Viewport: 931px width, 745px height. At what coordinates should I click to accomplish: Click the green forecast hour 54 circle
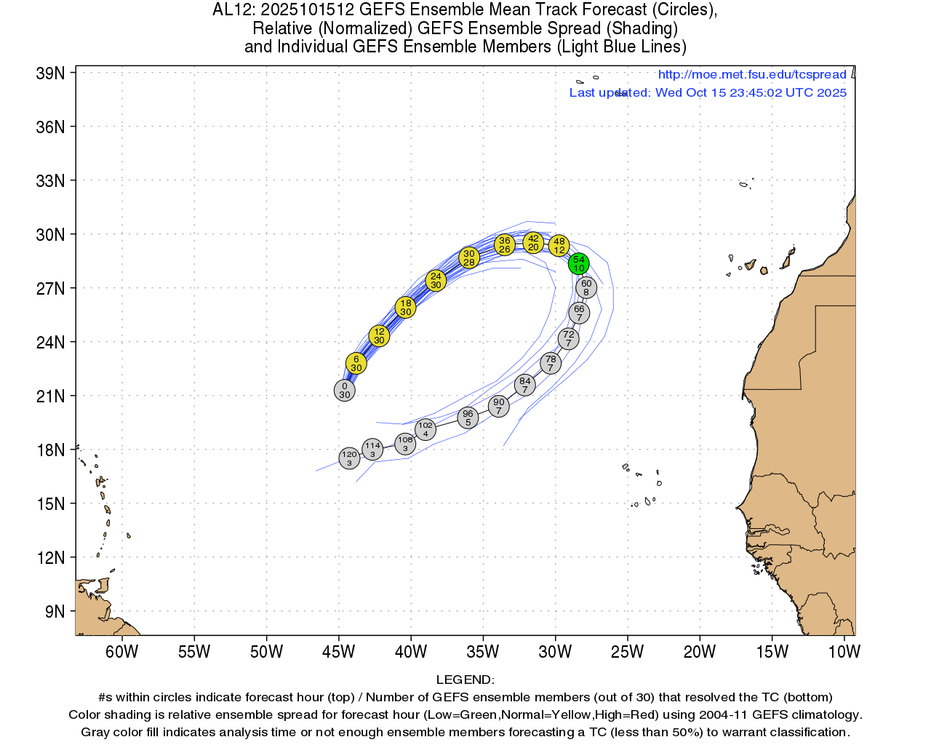click(x=578, y=263)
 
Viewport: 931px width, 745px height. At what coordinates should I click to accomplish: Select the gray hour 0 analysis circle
click(x=344, y=390)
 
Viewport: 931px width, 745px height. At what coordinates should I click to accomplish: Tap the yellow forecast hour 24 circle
click(x=435, y=280)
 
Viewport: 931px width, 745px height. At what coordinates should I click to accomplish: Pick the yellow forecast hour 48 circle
click(x=559, y=245)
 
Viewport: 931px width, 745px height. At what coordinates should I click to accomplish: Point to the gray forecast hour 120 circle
click(x=349, y=458)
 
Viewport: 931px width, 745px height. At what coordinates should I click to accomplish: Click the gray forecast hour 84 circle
click(x=524, y=385)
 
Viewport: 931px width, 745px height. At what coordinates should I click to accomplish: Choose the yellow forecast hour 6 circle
click(x=356, y=363)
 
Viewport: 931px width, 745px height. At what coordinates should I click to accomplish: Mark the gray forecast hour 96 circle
click(x=468, y=418)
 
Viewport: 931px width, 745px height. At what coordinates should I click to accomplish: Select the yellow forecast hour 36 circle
click(x=504, y=244)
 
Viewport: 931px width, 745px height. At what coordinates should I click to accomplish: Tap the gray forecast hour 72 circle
click(x=568, y=338)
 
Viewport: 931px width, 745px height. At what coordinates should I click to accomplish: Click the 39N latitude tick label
click(x=50, y=73)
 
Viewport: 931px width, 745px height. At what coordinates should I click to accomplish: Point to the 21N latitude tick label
click(x=50, y=397)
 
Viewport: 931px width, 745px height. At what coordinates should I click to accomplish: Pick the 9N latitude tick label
click(x=55, y=612)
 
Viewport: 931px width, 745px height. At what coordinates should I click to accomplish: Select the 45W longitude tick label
click(x=338, y=651)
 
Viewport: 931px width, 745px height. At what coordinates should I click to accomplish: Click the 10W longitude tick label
click(x=844, y=651)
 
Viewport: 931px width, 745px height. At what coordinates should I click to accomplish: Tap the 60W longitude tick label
click(x=121, y=651)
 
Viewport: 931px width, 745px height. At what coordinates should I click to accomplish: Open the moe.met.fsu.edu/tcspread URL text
click(x=752, y=74)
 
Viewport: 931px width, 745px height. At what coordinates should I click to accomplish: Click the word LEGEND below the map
click(x=465, y=680)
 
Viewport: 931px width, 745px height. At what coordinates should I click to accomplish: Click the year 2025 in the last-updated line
click(x=831, y=92)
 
